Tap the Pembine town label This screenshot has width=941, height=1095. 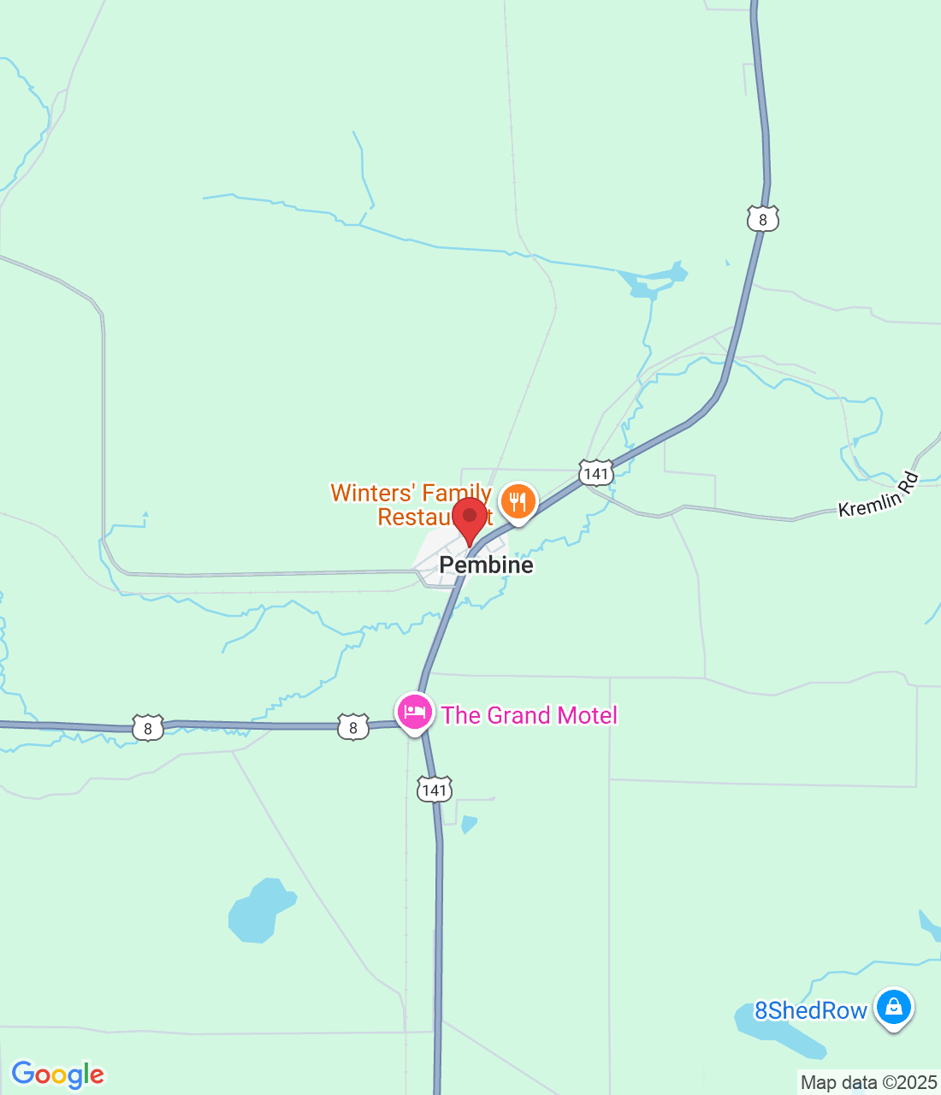(486, 565)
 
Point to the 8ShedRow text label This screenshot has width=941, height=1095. (810, 1011)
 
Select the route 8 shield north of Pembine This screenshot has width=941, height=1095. (762, 220)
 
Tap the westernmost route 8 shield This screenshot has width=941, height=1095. (148, 728)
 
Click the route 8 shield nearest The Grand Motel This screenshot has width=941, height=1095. (353, 727)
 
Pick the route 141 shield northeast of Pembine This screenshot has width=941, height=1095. (595, 473)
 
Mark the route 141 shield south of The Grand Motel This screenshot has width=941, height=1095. (435, 790)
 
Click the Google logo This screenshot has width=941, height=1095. (58, 1074)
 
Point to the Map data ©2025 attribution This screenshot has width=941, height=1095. (868, 1083)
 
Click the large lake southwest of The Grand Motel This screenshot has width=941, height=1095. (257, 913)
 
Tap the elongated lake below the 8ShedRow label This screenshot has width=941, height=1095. (778, 1032)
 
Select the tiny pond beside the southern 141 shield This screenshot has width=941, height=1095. (468, 824)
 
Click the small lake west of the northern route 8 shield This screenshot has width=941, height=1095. (654, 281)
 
